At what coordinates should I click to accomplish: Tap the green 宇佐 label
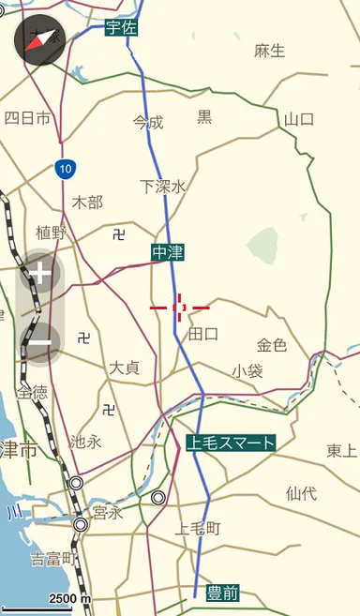(x=122, y=27)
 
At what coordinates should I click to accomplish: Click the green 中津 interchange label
(x=168, y=251)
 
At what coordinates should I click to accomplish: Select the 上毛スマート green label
(x=231, y=443)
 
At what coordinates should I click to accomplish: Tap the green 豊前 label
(x=223, y=592)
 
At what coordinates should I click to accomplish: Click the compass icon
(x=40, y=39)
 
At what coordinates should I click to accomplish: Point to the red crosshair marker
(x=179, y=307)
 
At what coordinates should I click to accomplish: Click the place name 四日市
(x=27, y=118)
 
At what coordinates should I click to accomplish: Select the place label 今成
(x=148, y=122)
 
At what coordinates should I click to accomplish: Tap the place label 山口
(x=299, y=119)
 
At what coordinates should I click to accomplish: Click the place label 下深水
(x=163, y=187)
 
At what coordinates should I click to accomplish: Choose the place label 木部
(x=87, y=202)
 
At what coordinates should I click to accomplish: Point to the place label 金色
(x=272, y=345)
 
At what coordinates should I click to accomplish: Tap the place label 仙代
(x=301, y=492)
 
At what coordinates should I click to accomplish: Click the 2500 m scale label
(x=69, y=599)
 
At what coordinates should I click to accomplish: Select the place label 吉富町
(x=52, y=560)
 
